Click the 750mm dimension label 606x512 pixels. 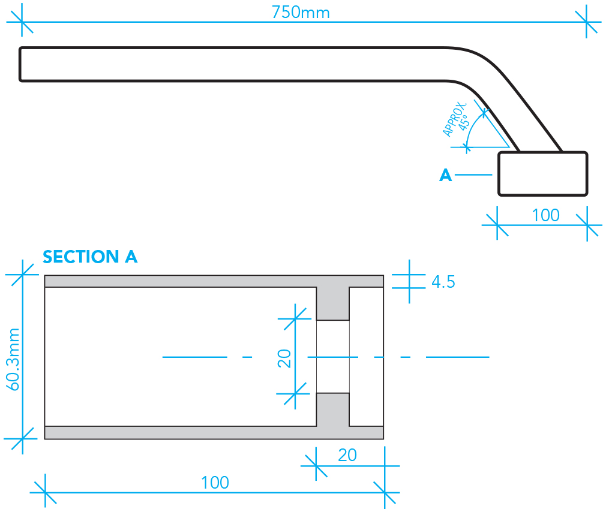[x=301, y=13]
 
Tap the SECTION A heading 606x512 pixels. [x=90, y=257]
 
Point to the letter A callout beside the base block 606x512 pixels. [x=446, y=175]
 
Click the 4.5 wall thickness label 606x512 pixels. [x=443, y=282]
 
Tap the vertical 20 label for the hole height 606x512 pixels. [x=284, y=359]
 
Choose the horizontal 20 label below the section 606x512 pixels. [x=347, y=455]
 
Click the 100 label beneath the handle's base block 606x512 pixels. [x=545, y=215]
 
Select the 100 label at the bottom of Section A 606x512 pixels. [x=215, y=483]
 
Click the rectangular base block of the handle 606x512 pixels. [x=542, y=174]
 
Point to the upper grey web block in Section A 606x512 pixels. [x=333, y=303]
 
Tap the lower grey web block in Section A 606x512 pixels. [x=333, y=409]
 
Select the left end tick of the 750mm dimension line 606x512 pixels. [x=22, y=22]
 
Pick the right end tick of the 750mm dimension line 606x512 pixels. [x=586, y=22]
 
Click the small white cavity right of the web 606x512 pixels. [x=367, y=357]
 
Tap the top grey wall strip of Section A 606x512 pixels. [x=214, y=281]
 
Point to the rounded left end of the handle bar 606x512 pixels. [x=20, y=64]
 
